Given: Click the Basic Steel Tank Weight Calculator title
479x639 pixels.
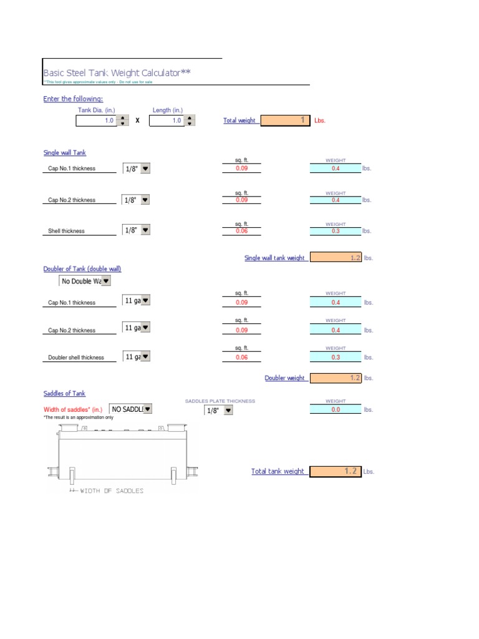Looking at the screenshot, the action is coord(117,73).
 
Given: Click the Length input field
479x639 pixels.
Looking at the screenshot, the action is coord(167,120).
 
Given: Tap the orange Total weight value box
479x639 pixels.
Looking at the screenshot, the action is coord(285,120).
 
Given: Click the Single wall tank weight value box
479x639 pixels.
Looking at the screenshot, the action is coord(336,257).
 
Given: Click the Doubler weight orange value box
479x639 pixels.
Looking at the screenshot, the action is coord(336,378).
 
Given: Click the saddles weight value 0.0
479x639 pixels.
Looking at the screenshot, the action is coord(336,409).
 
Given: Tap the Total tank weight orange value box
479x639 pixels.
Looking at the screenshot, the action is coord(336,471).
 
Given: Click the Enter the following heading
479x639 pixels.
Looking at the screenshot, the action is coord(73,99).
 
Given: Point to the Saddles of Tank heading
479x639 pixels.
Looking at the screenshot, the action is coord(64,393).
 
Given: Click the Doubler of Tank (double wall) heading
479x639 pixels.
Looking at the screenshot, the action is coord(82,269).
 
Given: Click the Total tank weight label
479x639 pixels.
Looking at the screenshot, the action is coord(278,471).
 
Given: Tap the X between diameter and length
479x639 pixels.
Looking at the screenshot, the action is coord(137,120).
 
